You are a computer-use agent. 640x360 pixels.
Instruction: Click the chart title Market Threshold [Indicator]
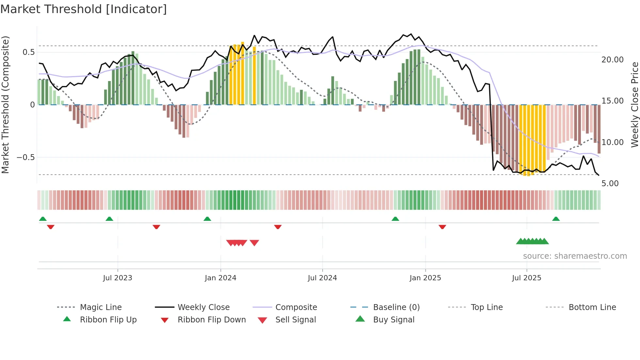point(84,9)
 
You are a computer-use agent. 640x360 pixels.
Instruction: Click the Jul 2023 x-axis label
point(118,278)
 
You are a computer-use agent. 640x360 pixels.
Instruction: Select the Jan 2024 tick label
point(220,278)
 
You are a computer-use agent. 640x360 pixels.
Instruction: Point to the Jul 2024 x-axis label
point(322,278)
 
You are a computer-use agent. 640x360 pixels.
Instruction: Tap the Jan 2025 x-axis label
point(425,278)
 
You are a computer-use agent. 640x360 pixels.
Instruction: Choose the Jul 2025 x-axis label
point(526,278)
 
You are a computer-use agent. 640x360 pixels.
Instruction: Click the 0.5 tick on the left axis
point(29,52)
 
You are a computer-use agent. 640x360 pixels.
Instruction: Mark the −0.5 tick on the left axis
point(26,157)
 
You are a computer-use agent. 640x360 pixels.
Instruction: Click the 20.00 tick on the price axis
point(613,60)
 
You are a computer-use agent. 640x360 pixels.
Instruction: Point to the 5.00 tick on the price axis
point(610,184)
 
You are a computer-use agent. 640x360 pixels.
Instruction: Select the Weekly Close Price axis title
point(634,105)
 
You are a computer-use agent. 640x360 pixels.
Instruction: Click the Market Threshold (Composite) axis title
point(5,105)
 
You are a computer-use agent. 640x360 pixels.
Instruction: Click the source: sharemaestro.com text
point(575,256)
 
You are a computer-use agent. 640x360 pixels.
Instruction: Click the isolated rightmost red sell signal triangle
point(254,243)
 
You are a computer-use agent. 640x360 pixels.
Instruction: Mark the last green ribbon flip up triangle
point(556,219)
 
